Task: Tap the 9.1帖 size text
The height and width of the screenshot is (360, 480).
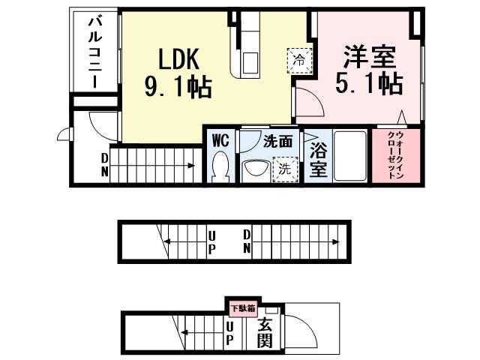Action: click(x=178, y=87)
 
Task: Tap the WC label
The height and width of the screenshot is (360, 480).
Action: click(x=220, y=140)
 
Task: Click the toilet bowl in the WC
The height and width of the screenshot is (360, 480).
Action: click(x=220, y=166)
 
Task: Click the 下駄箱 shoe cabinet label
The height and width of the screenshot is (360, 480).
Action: click(x=242, y=307)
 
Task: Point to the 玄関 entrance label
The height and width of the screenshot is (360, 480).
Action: click(x=265, y=334)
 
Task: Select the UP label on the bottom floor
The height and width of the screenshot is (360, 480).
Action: click(x=229, y=334)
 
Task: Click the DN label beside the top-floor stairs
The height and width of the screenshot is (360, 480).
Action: click(x=104, y=164)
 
